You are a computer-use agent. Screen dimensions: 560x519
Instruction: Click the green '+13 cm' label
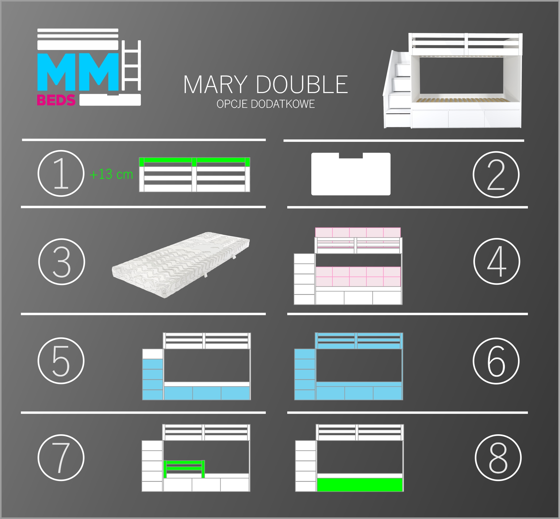(x=111, y=174)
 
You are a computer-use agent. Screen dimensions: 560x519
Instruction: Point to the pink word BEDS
(x=56, y=100)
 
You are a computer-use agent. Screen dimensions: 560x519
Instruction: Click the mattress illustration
(x=181, y=264)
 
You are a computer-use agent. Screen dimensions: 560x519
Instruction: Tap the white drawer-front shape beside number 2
(x=351, y=174)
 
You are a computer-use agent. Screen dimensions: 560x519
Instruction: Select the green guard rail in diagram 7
(x=184, y=469)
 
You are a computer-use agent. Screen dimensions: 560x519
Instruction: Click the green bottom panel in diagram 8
(x=360, y=485)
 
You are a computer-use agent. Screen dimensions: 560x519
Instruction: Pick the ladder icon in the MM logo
(x=131, y=65)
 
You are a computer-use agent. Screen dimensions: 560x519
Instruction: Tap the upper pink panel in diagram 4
(x=358, y=232)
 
